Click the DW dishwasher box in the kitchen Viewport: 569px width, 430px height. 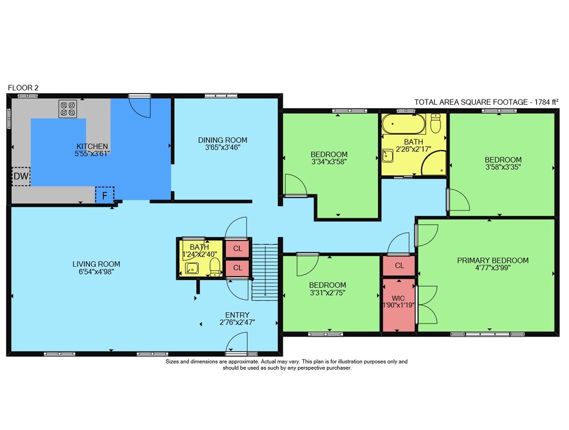(21, 176)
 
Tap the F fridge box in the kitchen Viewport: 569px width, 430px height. (105, 196)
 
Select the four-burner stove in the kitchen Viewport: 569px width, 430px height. (68, 109)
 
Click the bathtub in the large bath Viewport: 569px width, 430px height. (403, 124)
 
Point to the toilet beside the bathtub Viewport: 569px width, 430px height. (435, 123)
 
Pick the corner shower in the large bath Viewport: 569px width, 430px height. (433, 163)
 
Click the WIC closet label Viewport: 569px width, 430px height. (398, 298)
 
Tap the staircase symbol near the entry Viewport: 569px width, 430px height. (265, 272)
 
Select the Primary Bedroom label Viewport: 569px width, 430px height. (492, 260)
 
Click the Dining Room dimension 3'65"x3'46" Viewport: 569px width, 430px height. (222, 147)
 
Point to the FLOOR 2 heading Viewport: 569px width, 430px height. (23, 88)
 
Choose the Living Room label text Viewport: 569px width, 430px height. (96, 264)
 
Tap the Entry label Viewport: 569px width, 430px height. (237, 315)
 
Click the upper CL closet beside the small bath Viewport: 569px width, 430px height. (238, 249)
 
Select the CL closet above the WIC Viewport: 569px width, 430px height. (399, 266)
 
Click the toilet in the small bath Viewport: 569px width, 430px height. (215, 267)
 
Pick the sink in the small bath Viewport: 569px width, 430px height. (192, 268)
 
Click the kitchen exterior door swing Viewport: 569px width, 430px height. (140, 107)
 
